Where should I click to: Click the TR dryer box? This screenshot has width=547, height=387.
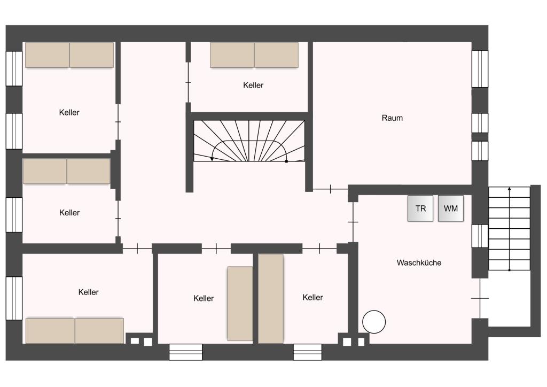[420, 208]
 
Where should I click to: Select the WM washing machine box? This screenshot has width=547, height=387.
[451, 208]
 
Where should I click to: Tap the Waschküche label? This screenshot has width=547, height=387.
[419, 263]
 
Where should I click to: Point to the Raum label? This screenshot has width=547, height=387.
[392, 118]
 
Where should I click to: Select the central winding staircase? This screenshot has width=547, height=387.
[249, 141]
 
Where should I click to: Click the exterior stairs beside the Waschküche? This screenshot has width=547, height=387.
[509, 229]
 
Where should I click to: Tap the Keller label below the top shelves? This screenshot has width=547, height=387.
[253, 85]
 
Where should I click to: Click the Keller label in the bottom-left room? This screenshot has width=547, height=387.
[88, 292]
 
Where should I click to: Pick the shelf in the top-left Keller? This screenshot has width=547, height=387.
[69, 55]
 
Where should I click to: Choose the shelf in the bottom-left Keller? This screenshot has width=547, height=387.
[75, 330]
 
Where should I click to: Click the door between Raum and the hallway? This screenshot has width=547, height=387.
[330, 189]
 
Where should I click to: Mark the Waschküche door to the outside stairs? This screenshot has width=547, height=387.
[480, 298]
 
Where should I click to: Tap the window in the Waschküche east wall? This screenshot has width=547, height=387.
[480, 236]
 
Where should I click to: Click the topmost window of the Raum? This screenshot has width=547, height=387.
[480, 69]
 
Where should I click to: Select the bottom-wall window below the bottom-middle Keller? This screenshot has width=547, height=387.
[185, 352]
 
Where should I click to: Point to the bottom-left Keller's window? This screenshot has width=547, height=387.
[14, 298]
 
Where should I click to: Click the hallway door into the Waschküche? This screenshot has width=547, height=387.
[353, 222]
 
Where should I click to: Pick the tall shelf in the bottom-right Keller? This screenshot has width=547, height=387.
[271, 299]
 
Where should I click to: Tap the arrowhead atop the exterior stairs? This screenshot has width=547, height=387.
[509, 189]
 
